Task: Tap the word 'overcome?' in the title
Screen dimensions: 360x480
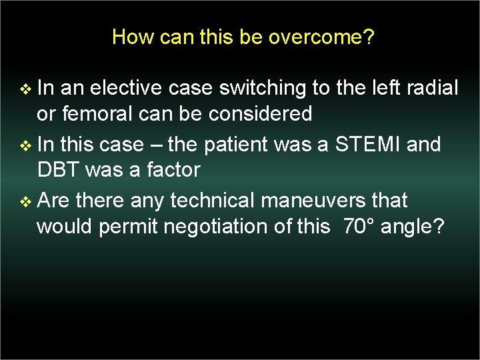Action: point(321,37)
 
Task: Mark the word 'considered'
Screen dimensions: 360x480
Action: point(260,114)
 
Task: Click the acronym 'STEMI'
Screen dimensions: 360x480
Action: point(365,144)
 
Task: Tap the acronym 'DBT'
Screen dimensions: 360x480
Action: point(60,170)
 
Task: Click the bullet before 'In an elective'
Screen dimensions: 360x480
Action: point(26,88)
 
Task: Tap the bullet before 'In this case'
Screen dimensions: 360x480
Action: point(26,145)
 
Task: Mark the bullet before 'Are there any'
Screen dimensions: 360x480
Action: point(26,201)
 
